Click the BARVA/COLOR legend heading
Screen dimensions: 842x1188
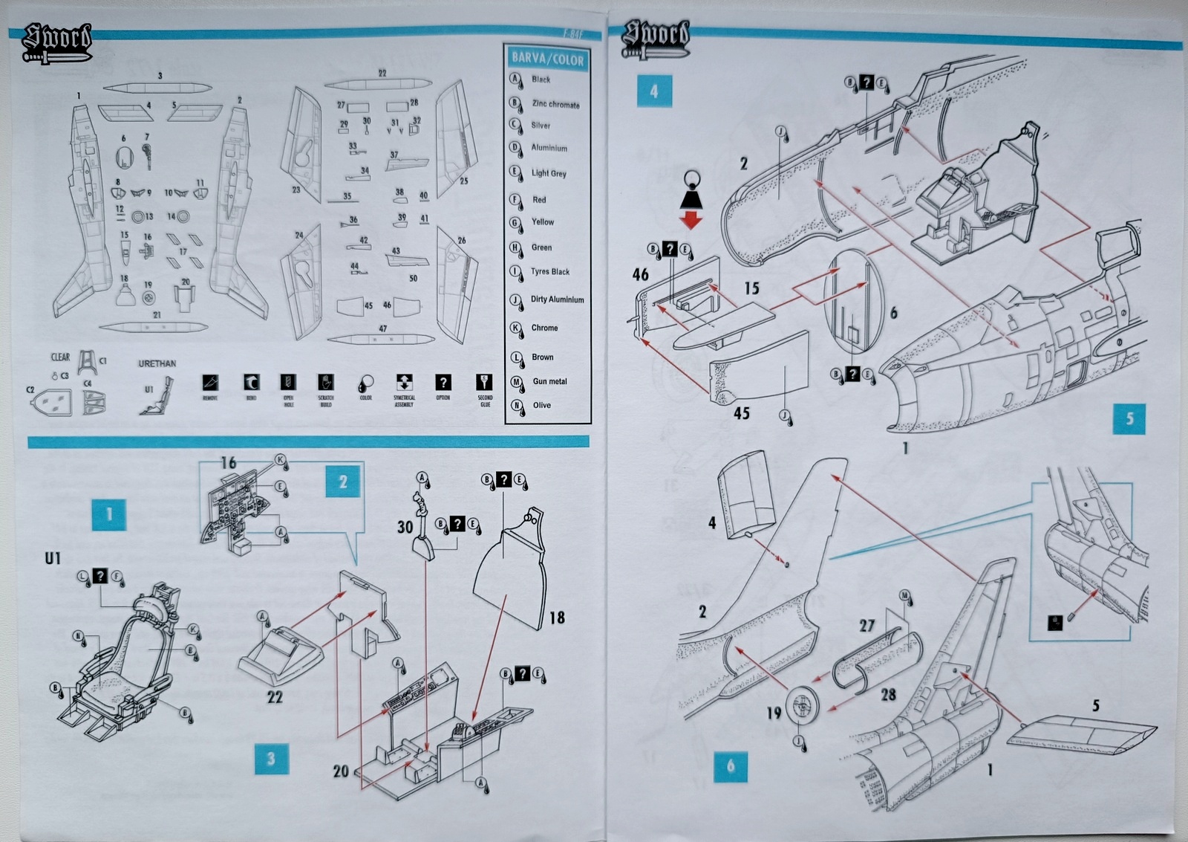[x=547, y=59]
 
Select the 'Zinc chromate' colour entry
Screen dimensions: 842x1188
[x=555, y=104]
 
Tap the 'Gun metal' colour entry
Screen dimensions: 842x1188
[x=549, y=381]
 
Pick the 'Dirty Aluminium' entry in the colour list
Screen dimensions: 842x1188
[x=557, y=299]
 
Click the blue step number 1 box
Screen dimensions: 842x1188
[x=109, y=514]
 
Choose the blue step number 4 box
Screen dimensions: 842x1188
[x=653, y=91]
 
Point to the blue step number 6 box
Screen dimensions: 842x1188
[x=731, y=766]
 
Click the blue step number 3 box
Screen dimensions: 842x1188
[x=271, y=759]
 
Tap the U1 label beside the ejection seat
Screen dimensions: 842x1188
[x=53, y=558]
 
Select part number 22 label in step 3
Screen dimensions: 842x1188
[x=275, y=696]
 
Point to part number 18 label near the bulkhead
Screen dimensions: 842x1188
[x=557, y=618]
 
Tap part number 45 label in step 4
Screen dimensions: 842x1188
[x=741, y=412]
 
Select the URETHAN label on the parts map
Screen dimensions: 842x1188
[x=157, y=363]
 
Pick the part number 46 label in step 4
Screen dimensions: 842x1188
[x=640, y=274]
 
